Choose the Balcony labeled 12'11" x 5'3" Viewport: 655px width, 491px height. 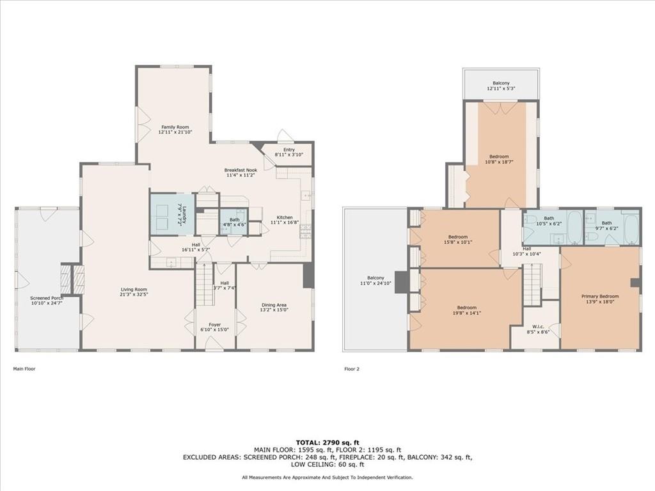pos(501,86)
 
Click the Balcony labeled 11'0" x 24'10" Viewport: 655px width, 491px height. pos(375,280)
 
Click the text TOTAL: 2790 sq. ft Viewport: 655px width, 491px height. pos(327,442)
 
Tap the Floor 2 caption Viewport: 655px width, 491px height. pos(352,369)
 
